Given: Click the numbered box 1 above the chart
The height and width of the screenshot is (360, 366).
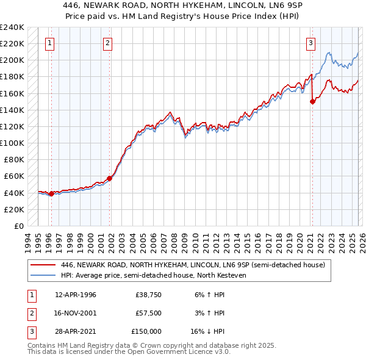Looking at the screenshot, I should [49, 43].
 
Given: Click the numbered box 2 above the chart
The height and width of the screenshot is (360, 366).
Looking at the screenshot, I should [107, 43].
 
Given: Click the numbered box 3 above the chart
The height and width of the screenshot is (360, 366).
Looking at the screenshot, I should [310, 43].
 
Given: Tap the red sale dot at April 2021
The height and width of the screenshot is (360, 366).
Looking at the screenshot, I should [312, 102].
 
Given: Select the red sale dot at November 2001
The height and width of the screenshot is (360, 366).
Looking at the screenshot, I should [110, 178].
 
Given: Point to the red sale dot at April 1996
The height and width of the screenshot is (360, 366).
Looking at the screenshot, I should [51, 193].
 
